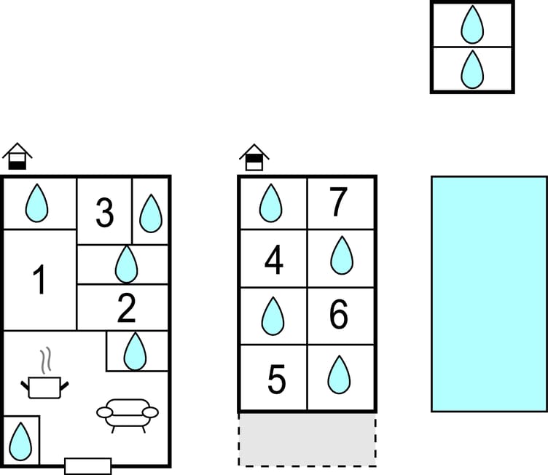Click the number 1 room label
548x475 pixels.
point(39,280)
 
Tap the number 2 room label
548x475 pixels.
point(127,310)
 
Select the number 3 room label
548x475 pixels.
point(105,214)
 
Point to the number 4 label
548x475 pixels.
point(273,262)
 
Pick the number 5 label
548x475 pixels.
point(276,379)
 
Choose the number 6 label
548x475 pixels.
point(339,315)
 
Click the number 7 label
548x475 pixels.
point(338,203)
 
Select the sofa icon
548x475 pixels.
point(128,413)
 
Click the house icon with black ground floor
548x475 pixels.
point(17,157)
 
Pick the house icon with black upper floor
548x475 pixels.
point(254,157)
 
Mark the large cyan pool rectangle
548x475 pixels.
point(488,294)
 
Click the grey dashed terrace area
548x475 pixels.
point(307,440)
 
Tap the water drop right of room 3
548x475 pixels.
point(150,213)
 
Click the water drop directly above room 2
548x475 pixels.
point(126,264)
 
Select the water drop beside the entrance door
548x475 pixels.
point(20,441)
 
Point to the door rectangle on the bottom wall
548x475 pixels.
point(88,466)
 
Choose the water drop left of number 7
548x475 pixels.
point(271,203)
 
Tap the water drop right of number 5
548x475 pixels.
point(339,374)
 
